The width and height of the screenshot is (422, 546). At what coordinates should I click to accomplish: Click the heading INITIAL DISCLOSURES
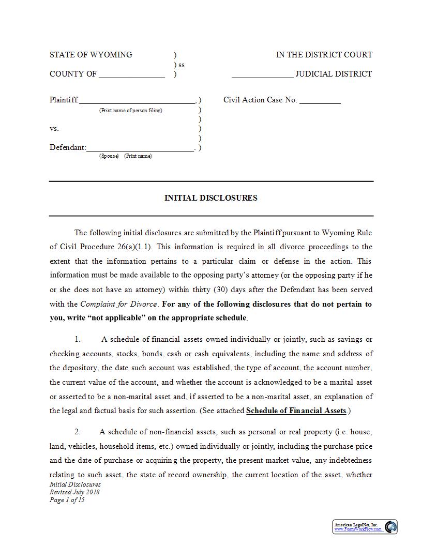(210, 198)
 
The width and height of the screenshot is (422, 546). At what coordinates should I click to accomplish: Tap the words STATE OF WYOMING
(91, 55)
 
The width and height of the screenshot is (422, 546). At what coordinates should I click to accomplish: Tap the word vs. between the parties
(54, 128)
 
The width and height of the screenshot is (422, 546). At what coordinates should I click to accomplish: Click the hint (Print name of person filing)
(130, 111)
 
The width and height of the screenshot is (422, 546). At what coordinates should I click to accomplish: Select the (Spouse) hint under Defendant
(109, 156)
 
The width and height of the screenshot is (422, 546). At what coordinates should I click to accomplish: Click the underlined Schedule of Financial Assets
(296, 411)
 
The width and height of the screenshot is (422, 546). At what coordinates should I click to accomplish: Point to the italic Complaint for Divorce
(119, 304)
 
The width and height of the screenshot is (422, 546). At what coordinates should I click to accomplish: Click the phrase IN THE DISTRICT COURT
(324, 55)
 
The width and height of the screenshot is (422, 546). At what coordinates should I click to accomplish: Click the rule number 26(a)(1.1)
(128, 247)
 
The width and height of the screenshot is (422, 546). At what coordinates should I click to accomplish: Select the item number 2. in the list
(78, 432)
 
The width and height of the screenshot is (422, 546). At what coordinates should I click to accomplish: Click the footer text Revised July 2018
(74, 492)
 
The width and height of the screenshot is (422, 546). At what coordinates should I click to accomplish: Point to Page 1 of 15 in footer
(67, 500)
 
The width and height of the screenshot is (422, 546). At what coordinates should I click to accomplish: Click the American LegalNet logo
(365, 527)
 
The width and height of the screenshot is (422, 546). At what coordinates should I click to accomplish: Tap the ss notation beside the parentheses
(182, 65)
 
